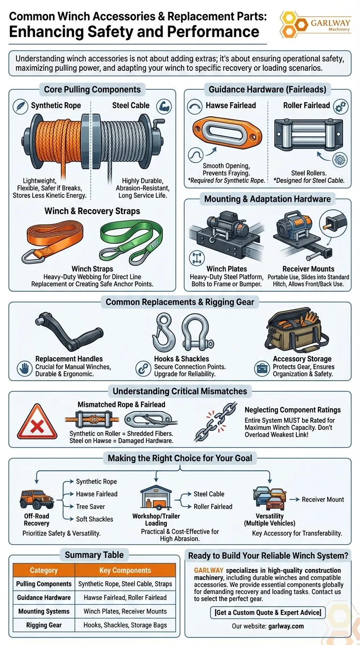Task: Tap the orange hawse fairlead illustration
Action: click(x=227, y=134)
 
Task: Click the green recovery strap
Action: click(x=131, y=241)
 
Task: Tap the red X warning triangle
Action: click(x=37, y=421)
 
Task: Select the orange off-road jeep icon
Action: click(x=37, y=500)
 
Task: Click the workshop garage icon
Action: click(x=156, y=497)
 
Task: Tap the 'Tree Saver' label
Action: click(x=90, y=507)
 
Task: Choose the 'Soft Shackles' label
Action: click(x=95, y=519)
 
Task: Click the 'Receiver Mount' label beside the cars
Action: click(x=323, y=500)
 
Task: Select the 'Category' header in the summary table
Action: click(x=44, y=570)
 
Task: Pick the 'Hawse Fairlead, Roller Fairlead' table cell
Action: click(x=125, y=598)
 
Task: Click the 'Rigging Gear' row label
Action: click(x=44, y=625)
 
